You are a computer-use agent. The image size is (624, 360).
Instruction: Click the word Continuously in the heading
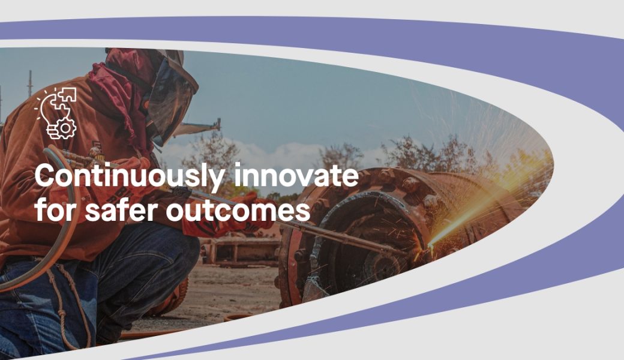click(130, 175)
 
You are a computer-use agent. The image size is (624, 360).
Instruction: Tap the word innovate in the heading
click(296, 175)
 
